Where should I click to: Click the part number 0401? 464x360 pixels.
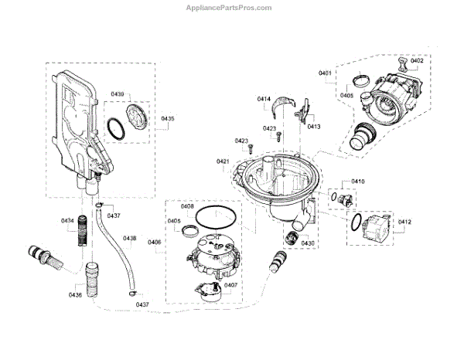click(x=325, y=73)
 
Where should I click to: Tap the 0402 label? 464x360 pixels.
click(x=417, y=60)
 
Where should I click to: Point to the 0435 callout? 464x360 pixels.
click(x=168, y=119)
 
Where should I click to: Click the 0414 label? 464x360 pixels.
click(x=264, y=100)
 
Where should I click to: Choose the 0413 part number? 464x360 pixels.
click(x=314, y=126)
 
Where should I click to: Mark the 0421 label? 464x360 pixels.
click(x=223, y=161)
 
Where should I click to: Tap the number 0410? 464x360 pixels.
click(x=357, y=182)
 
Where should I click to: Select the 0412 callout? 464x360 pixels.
click(x=405, y=223)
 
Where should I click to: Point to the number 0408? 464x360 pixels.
click(x=187, y=206)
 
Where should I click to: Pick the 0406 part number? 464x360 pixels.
click(x=155, y=243)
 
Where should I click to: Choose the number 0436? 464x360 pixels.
click(x=75, y=296)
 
